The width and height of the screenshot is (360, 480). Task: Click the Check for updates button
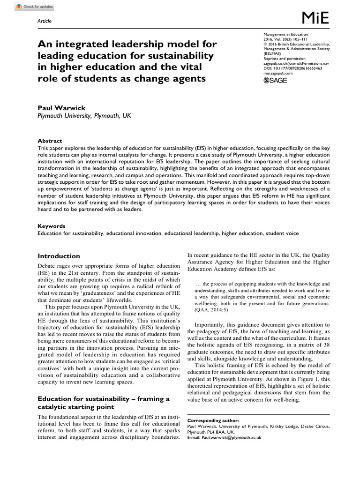(28, 7)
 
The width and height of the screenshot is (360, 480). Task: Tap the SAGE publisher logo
(276, 81)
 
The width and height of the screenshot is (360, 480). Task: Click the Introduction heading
(59, 256)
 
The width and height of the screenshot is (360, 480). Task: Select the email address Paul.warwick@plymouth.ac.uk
(232, 437)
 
